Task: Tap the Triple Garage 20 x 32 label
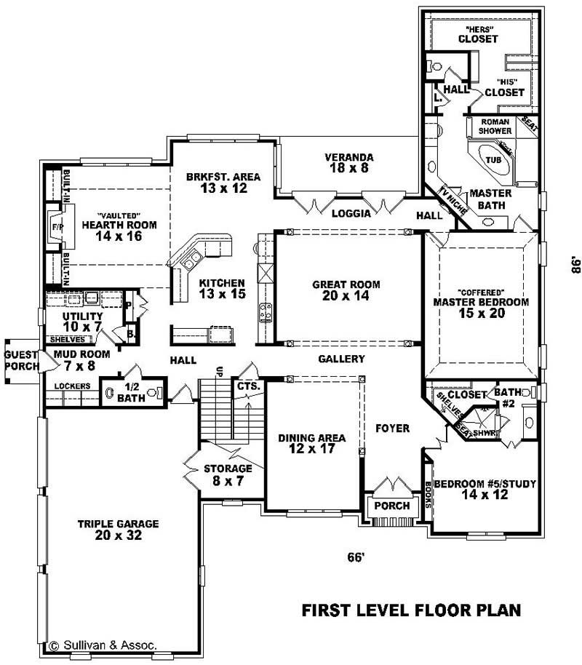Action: tap(117, 530)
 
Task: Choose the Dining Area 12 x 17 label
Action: tap(312, 444)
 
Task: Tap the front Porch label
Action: tap(392, 506)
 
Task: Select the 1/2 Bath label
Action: tap(131, 391)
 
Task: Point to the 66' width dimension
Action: tap(355, 557)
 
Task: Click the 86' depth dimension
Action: tap(574, 266)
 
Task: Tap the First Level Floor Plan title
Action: tap(411, 610)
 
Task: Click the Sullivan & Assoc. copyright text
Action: tap(103, 645)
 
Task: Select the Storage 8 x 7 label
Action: tap(228, 474)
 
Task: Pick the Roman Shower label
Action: tap(495, 126)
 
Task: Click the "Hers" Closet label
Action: tap(477, 33)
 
